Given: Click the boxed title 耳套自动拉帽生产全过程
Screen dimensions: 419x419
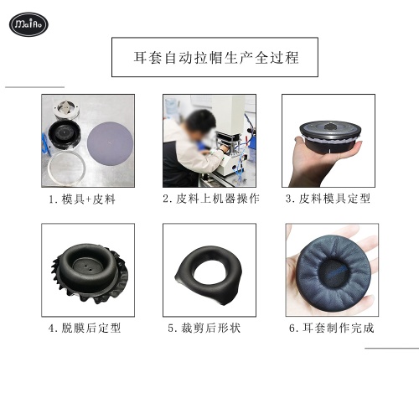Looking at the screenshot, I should [x=215, y=58].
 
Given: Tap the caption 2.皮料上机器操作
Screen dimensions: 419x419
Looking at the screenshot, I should [x=210, y=199].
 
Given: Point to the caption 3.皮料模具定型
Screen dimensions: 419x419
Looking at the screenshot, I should [x=328, y=199].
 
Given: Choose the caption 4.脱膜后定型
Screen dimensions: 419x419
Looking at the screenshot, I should [x=84, y=328].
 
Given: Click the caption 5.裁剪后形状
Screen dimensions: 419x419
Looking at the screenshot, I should [x=204, y=328].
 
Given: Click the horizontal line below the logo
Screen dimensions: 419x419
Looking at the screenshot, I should [x=34, y=86].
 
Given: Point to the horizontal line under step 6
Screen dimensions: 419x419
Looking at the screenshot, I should [x=391, y=347].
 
